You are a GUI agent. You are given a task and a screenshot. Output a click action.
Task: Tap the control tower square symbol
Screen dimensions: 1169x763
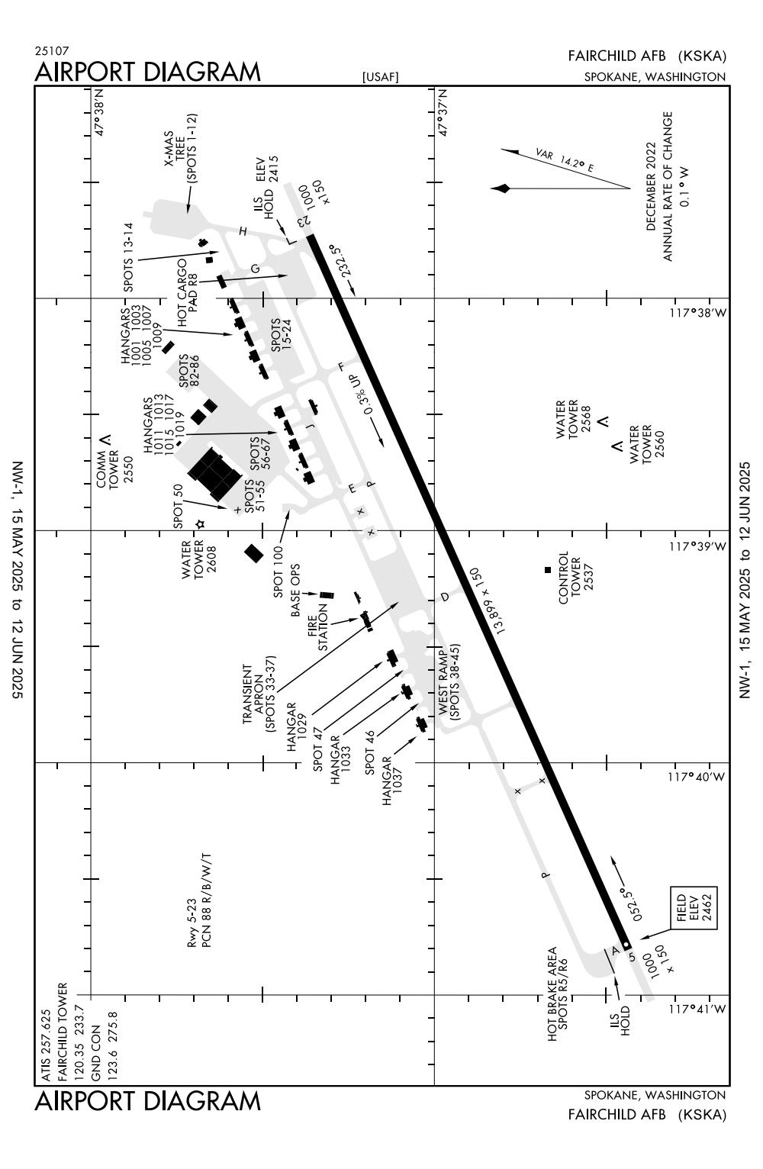pyautogui.click(x=547, y=570)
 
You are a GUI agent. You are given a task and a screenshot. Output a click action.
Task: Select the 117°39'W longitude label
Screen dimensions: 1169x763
pyautogui.click(x=697, y=546)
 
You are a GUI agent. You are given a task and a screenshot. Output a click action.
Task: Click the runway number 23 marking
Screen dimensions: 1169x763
pyautogui.click(x=304, y=221)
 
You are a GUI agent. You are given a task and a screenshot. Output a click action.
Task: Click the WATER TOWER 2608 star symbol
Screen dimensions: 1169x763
pyautogui.click(x=200, y=524)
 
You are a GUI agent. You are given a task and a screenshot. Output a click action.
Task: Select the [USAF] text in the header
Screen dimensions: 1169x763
pyautogui.click(x=381, y=76)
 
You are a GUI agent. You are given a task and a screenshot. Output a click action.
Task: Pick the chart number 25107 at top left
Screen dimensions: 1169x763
pyautogui.click(x=51, y=51)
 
